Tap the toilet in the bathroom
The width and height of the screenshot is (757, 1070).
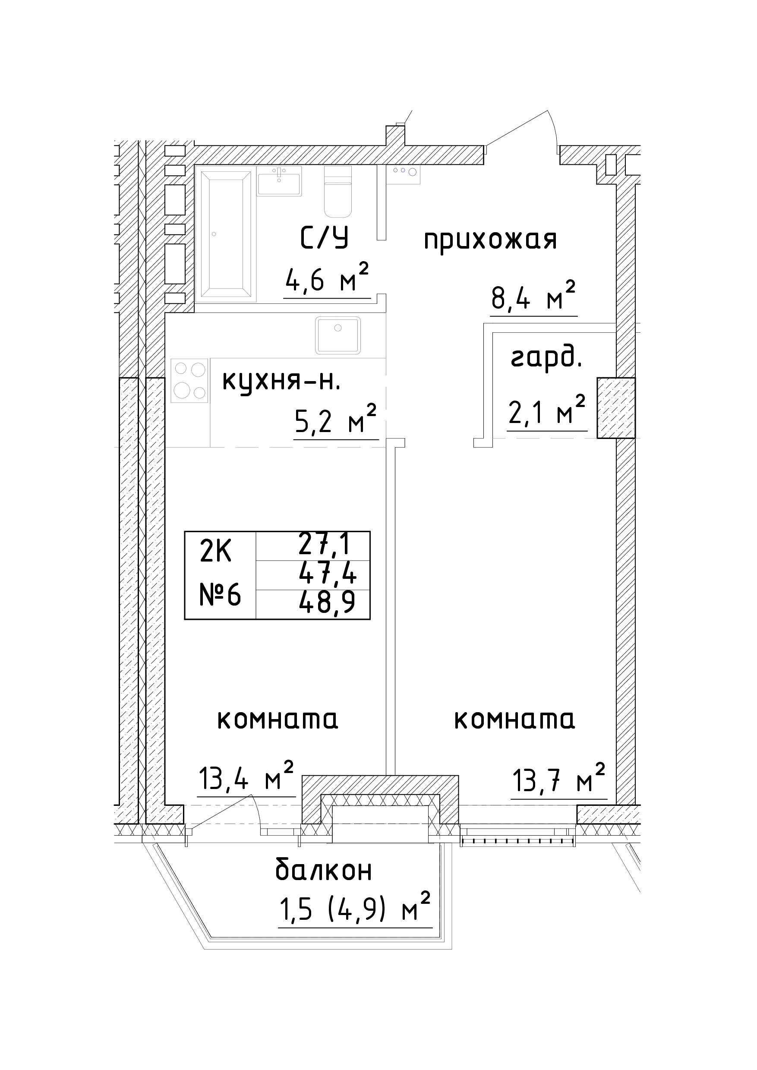click(337, 192)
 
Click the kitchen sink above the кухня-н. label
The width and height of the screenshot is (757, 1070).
click(338, 335)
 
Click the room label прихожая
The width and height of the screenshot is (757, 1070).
click(490, 240)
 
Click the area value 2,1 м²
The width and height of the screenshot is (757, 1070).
click(546, 411)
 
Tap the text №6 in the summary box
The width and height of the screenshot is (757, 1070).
click(220, 595)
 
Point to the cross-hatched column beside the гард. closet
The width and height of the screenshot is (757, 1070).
click(616, 407)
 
